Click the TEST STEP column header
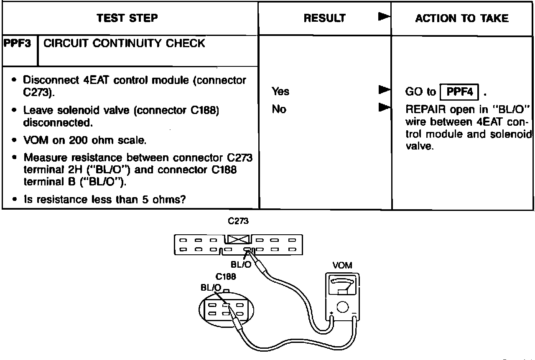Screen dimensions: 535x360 pos(127,18)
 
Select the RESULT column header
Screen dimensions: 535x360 pos(325,18)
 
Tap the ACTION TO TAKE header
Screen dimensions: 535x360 pos(462,18)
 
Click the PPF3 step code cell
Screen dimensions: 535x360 pos(17,43)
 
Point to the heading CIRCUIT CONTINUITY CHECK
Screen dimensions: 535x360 pos(124,43)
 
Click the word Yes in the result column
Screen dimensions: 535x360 pos(280,91)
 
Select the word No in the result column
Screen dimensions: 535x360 pos(279,109)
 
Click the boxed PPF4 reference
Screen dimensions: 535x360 pos(459,92)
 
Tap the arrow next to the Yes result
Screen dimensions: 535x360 pos(384,90)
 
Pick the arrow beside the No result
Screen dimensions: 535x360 pos(384,107)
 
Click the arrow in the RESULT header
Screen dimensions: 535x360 pos(384,17)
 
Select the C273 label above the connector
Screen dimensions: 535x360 pos(238,221)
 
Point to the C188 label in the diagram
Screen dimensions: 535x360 pos(226,277)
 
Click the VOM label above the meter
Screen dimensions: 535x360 pos(342,265)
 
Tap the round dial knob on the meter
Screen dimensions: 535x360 pos(342,307)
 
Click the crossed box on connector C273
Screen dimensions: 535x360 pos(238,239)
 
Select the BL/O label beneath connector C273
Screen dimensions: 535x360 pos(241,264)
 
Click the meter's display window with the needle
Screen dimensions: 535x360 pos(342,285)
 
